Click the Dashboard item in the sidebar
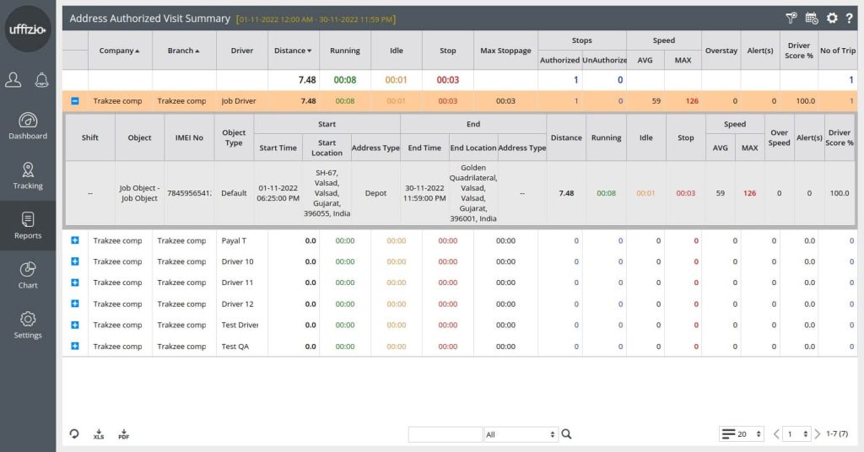pos(28,126)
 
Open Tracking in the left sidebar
pos(28,175)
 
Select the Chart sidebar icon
pos(28,275)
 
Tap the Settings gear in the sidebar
pos(28,325)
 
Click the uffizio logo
pos(28,29)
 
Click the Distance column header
pos(293,51)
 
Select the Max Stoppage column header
pos(505,51)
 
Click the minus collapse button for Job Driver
pos(75,101)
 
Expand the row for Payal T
pos(75,240)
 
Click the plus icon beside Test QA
pos(75,346)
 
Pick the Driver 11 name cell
pos(237,282)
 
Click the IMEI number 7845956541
pos(189,193)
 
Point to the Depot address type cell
pos(375,193)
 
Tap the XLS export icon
pos(99,434)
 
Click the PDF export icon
pos(123,434)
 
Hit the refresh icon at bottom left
pos(74,434)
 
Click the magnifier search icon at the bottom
pos(567,434)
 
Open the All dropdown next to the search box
pos(521,434)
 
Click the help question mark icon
pos(849,18)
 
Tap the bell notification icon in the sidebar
pos(41,80)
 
